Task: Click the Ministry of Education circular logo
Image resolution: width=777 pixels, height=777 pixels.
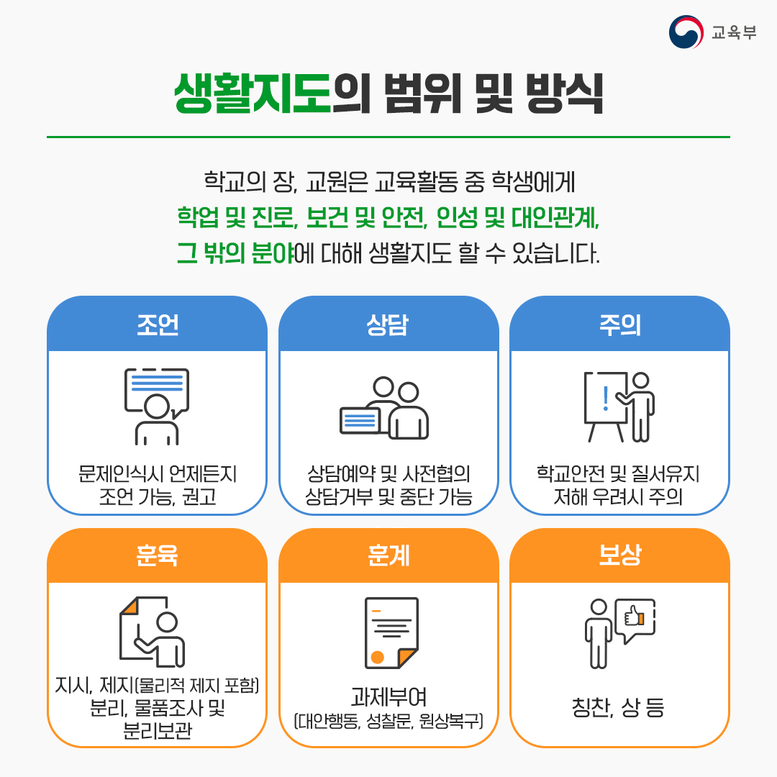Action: click(x=686, y=32)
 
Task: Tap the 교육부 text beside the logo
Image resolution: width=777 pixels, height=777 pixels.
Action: click(x=733, y=33)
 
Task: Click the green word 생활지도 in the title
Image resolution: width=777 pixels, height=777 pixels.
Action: click(x=252, y=94)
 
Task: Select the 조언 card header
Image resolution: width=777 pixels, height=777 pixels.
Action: click(x=157, y=326)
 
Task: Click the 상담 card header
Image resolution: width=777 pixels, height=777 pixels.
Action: click(x=388, y=326)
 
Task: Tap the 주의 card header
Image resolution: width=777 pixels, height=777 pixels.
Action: click(x=619, y=326)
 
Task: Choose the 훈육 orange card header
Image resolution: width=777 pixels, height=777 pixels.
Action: click(x=157, y=556)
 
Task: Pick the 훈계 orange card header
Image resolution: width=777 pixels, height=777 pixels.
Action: click(x=388, y=556)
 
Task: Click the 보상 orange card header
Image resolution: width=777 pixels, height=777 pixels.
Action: click(x=619, y=556)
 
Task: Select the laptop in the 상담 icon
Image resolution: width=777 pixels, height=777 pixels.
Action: click(x=360, y=420)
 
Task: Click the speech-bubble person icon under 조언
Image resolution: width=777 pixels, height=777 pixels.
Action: click(x=157, y=405)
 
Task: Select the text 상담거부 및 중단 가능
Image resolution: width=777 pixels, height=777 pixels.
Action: click(x=388, y=496)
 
